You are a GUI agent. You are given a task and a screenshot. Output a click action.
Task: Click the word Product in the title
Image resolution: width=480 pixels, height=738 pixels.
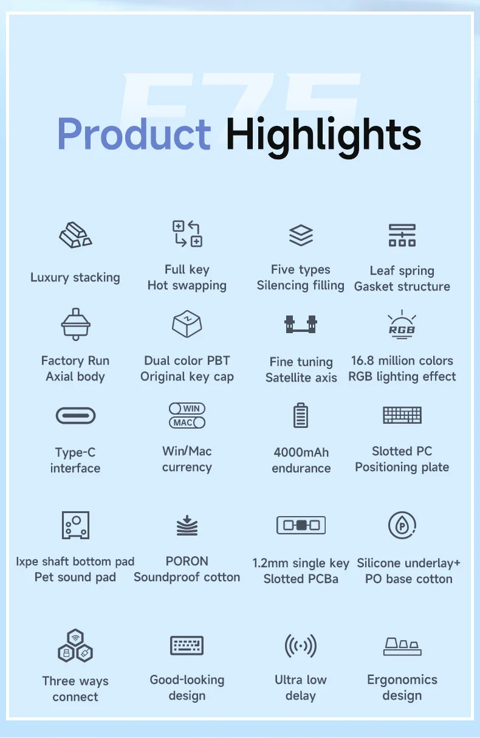tap(134, 134)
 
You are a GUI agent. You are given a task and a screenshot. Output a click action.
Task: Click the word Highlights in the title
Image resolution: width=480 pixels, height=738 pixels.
tap(323, 137)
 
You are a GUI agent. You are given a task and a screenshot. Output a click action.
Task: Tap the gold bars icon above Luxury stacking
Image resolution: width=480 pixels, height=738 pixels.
tap(75, 235)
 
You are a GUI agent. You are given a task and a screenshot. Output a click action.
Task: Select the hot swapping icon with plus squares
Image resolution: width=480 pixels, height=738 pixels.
tap(187, 233)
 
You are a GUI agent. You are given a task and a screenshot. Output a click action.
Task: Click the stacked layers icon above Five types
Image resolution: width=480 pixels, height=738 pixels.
tap(301, 235)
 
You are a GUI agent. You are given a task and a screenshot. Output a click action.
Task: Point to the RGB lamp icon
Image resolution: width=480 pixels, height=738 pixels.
tap(402, 325)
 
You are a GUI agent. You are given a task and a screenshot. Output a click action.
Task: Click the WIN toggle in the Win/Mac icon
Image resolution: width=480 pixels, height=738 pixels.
tap(187, 409)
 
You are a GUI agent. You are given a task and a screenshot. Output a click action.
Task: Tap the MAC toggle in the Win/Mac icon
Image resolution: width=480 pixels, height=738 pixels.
tap(187, 422)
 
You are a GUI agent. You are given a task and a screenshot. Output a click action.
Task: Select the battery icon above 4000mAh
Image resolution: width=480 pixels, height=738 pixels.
tap(301, 415)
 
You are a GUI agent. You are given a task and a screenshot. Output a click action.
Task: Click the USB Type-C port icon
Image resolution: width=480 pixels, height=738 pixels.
tap(75, 415)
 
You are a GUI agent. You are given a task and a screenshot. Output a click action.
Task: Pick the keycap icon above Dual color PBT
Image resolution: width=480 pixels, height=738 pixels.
tap(187, 324)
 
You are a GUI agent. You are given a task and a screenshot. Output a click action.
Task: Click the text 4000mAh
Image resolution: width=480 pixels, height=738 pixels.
tap(301, 452)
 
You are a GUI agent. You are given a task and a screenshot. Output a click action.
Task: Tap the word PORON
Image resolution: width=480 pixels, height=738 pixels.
tap(187, 561)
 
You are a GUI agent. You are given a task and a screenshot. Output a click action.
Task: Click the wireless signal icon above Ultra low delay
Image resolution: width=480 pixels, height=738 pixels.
tap(301, 646)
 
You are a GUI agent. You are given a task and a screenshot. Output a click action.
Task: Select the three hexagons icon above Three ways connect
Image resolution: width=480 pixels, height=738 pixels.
tap(75, 646)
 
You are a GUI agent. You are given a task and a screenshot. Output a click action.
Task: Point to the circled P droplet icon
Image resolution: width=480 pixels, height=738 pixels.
tap(402, 525)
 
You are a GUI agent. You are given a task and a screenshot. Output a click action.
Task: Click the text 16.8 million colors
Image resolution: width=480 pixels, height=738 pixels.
tap(402, 360)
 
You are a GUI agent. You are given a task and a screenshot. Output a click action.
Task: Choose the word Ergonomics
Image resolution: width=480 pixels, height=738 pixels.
tap(402, 680)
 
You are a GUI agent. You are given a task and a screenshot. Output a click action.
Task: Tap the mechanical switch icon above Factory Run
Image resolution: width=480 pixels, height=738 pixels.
tap(76, 324)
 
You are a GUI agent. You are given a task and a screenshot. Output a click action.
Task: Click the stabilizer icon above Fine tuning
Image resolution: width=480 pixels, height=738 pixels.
tap(301, 324)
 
